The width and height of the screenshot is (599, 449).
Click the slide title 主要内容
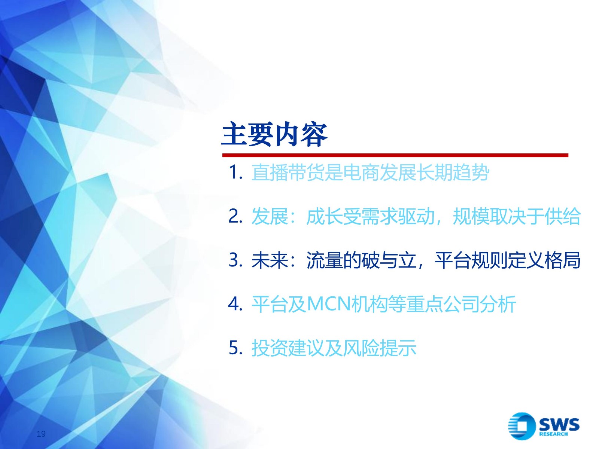(x=274, y=135)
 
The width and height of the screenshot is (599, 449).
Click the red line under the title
(x=395, y=155)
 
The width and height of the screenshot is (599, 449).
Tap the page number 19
(x=41, y=434)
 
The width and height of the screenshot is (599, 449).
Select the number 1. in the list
(x=235, y=172)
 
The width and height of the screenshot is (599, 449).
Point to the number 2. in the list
(x=235, y=217)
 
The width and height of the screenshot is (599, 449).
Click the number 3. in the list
(x=235, y=260)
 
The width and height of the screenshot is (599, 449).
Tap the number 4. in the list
(x=235, y=304)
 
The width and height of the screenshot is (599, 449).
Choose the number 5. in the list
(x=235, y=348)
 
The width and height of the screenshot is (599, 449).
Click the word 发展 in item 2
(x=270, y=217)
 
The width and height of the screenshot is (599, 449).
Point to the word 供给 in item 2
(x=562, y=217)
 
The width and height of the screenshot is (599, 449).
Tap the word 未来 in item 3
(x=270, y=260)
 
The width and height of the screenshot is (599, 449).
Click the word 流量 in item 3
(x=325, y=260)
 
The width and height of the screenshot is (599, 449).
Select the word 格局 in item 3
(x=562, y=260)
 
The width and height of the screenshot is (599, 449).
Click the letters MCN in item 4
(x=329, y=304)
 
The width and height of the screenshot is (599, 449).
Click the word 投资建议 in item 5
(x=288, y=348)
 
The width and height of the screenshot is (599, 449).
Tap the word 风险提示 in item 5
(x=380, y=348)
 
